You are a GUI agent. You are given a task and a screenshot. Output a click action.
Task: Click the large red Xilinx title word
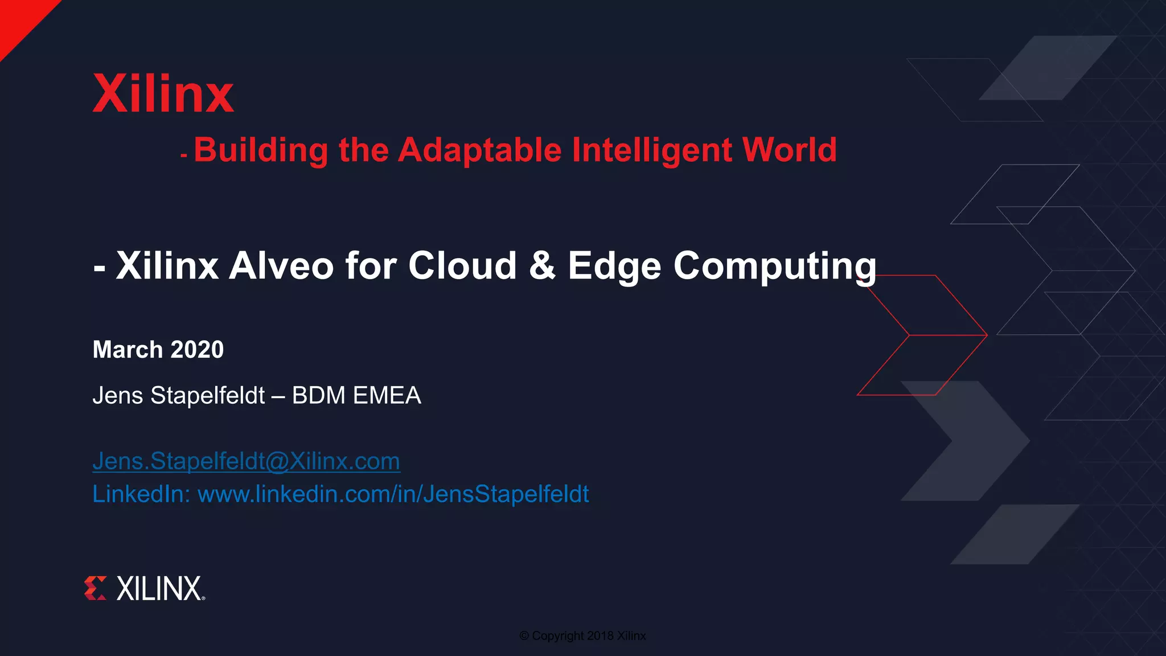163,94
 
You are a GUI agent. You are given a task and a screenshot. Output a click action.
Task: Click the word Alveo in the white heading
281,266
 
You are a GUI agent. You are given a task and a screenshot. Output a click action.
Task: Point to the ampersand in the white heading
542,266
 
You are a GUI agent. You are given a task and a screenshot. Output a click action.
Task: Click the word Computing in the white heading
775,266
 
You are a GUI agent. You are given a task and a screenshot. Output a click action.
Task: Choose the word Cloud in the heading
462,266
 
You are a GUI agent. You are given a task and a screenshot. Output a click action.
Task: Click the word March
128,350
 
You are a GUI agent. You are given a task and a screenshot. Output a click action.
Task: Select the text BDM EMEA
356,395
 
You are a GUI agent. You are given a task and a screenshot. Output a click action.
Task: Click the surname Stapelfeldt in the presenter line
208,395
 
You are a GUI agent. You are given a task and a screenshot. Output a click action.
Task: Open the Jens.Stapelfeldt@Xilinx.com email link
246,461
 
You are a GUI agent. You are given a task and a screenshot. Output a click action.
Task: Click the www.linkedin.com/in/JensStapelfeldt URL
393,494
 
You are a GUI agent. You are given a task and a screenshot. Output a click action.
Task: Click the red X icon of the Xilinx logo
95,588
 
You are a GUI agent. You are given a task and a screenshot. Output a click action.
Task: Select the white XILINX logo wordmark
159,588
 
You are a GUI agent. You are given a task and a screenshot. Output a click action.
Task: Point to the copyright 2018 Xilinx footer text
582,635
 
